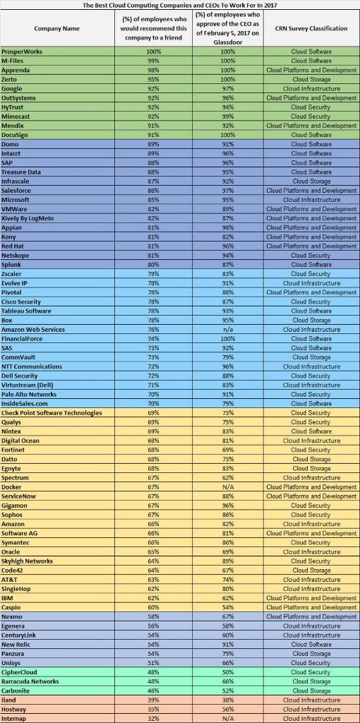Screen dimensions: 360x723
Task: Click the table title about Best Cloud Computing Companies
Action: pyautogui.click(x=179, y=4)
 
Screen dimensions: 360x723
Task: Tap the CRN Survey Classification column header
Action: pyautogui.click(x=311, y=28)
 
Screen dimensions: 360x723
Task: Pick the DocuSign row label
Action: pyautogui.click(x=16, y=135)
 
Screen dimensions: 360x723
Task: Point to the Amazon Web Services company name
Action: pyautogui.click(x=33, y=329)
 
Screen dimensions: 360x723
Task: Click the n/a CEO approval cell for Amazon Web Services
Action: pyautogui.click(x=228, y=329)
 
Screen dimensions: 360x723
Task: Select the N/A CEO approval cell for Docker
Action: pyautogui.click(x=228, y=486)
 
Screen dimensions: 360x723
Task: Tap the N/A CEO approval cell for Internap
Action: pyautogui.click(x=228, y=718)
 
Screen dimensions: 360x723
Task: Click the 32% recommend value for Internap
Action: pyautogui.click(x=154, y=718)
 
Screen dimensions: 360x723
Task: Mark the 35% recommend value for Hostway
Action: pyautogui.click(x=154, y=709)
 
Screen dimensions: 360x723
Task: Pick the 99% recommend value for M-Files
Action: pyautogui.click(x=154, y=61)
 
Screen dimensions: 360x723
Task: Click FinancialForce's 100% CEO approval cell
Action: pyautogui.click(x=228, y=338)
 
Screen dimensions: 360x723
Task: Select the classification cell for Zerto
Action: pyautogui.click(x=311, y=79)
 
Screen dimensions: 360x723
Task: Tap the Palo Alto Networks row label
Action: pyautogui.click(x=29, y=394)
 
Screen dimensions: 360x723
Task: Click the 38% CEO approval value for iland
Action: pyautogui.click(x=228, y=700)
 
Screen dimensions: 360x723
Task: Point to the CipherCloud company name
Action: pyautogui.click(x=20, y=671)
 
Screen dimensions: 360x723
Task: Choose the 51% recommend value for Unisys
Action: pyautogui.click(x=154, y=662)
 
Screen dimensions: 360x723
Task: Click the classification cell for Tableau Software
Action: pyautogui.click(x=311, y=311)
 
